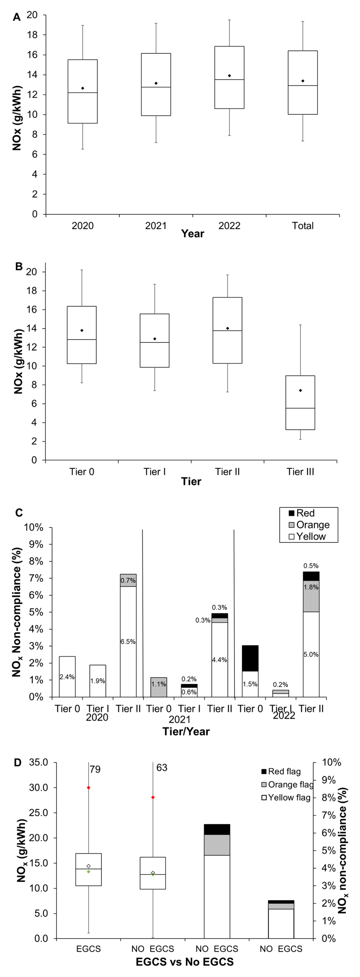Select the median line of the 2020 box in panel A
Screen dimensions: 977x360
pyautogui.click(x=82, y=93)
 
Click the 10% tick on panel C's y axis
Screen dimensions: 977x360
pyautogui.click(x=34, y=528)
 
